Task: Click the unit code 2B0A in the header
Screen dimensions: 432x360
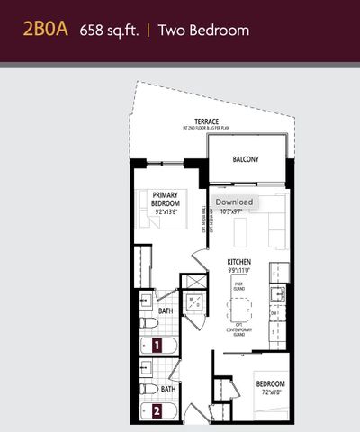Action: pos(47,31)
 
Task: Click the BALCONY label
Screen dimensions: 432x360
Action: pos(246,160)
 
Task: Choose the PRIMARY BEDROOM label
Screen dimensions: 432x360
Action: pos(166,200)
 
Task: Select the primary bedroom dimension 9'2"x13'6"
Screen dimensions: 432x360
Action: pos(166,213)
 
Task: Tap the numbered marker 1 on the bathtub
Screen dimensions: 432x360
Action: pos(156,344)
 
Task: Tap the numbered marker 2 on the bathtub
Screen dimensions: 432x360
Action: pos(156,411)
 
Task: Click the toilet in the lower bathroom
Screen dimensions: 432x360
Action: pos(146,389)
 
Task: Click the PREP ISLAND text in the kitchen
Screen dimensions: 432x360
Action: pos(239,286)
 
